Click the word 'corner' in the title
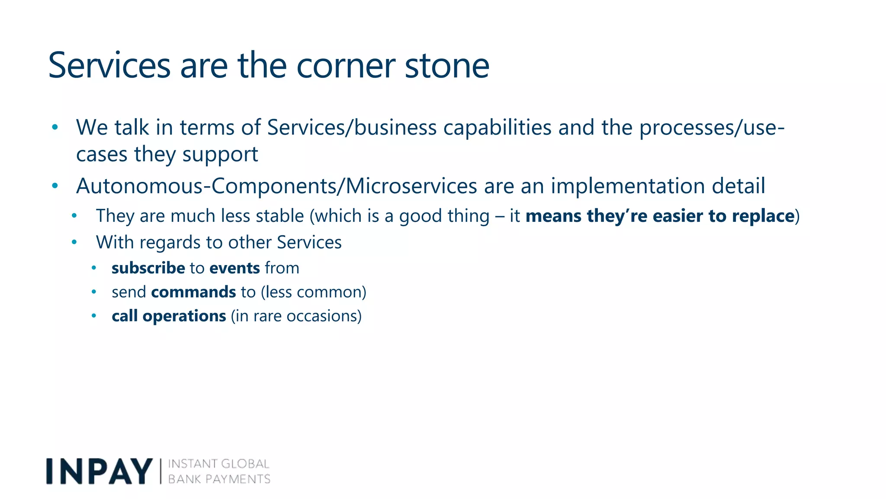pos(346,66)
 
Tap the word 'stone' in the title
pos(446,66)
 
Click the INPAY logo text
pos(99,471)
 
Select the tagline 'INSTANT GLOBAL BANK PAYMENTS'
pos(219,471)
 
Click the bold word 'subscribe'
pos(148,268)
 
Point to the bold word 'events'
pos(234,268)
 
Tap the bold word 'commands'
pos(193,292)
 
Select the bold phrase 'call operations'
pos(169,316)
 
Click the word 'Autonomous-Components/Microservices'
pos(276,186)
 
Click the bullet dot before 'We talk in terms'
pos(55,127)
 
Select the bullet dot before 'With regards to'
pos(74,242)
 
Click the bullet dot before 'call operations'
pos(94,316)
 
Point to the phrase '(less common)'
pos(314,292)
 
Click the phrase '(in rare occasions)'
pos(296,316)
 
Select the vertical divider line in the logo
pos(161,471)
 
